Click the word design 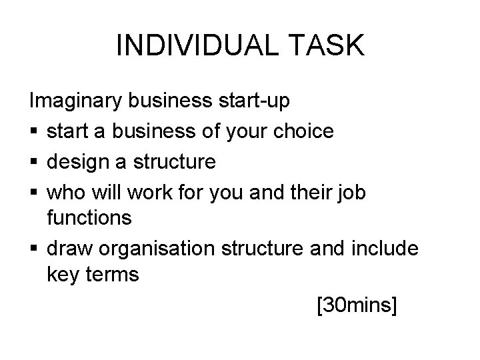pos(79,161)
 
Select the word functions pos(89,218)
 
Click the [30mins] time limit pos(357,305)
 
